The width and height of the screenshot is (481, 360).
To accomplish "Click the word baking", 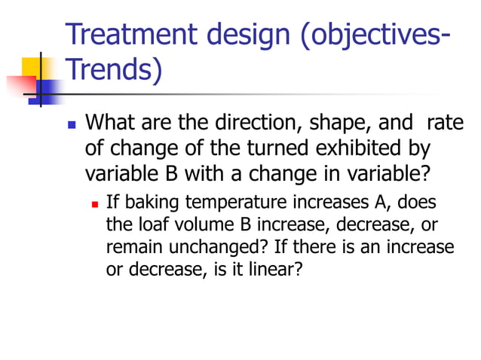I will pyautogui.click(x=149, y=204).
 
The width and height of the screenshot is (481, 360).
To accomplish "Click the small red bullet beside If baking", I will pyautogui.click(x=95, y=204).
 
